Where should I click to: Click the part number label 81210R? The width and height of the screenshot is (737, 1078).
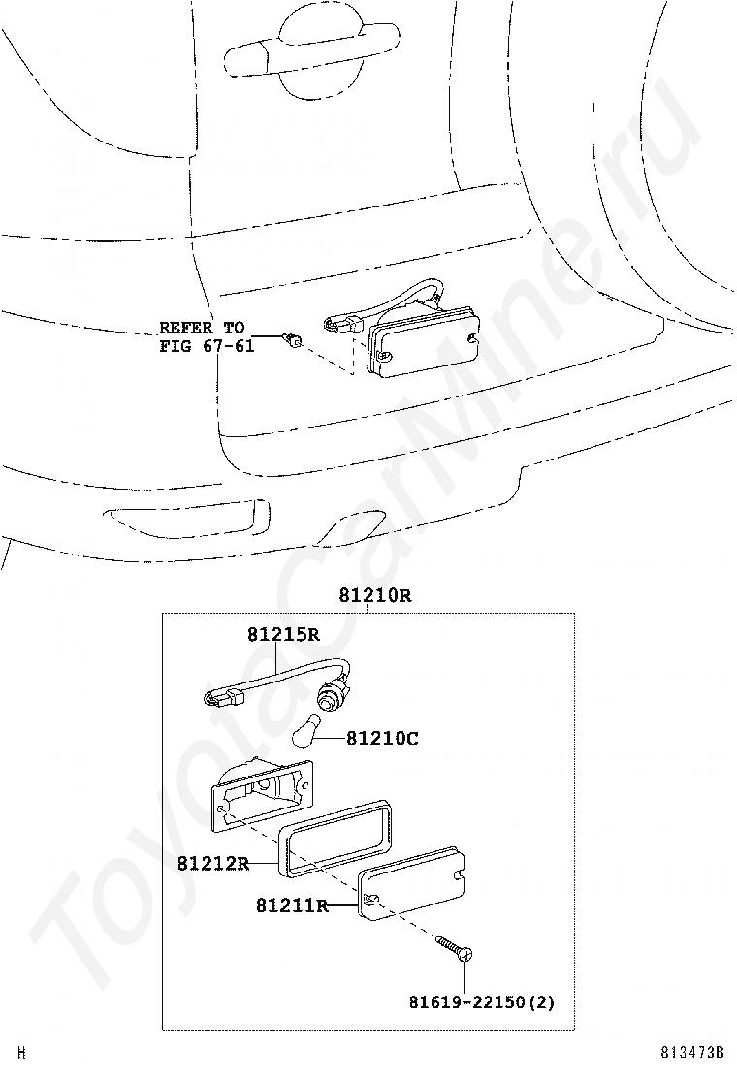374,595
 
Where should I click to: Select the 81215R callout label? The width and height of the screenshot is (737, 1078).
282,635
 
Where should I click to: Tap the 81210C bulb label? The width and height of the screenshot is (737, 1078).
382,739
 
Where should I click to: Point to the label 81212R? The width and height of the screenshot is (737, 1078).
213,862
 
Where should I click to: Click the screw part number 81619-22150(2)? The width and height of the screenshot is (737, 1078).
480,1002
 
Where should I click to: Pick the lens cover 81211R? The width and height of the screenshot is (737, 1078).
413,880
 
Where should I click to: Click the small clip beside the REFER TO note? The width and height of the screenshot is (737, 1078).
291,339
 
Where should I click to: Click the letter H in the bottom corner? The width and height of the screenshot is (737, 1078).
21,1053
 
